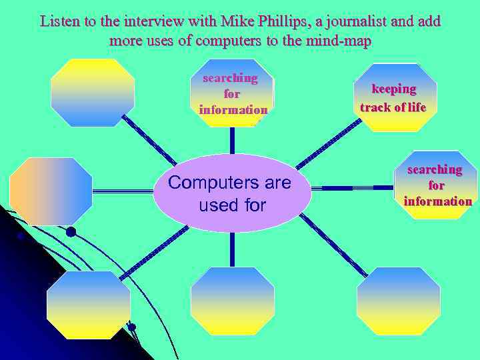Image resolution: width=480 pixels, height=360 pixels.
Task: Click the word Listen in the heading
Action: pyautogui.click(x=58, y=21)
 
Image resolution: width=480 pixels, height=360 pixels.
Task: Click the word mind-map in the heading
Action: pyautogui.click(x=339, y=41)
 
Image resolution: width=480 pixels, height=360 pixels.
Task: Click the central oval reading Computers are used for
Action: pyautogui.click(x=231, y=193)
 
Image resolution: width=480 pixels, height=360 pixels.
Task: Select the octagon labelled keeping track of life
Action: pyautogui.click(x=398, y=97)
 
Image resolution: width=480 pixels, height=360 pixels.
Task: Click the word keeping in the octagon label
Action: pyautogui.click(x=394, y=89)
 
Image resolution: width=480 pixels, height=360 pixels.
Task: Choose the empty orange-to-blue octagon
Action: pyautogui.click(x=51, y=191)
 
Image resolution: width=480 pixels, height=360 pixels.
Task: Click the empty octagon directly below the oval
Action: pyautogui.click(x=232, y=301)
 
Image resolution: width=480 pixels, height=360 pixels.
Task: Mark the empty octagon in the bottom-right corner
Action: pyautogui.click(x=398, y=301)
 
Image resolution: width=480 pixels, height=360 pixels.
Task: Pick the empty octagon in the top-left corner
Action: pyautogui.click(x=93, y=93)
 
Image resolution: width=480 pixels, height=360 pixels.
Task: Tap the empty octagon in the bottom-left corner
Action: pyautogui.click(x=88, y=305)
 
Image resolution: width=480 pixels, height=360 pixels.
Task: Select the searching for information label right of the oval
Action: pyautogui.click(x=437, y=185)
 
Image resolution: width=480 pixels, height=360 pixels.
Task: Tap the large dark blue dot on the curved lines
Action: pyautogui.click(x=71, y=232)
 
